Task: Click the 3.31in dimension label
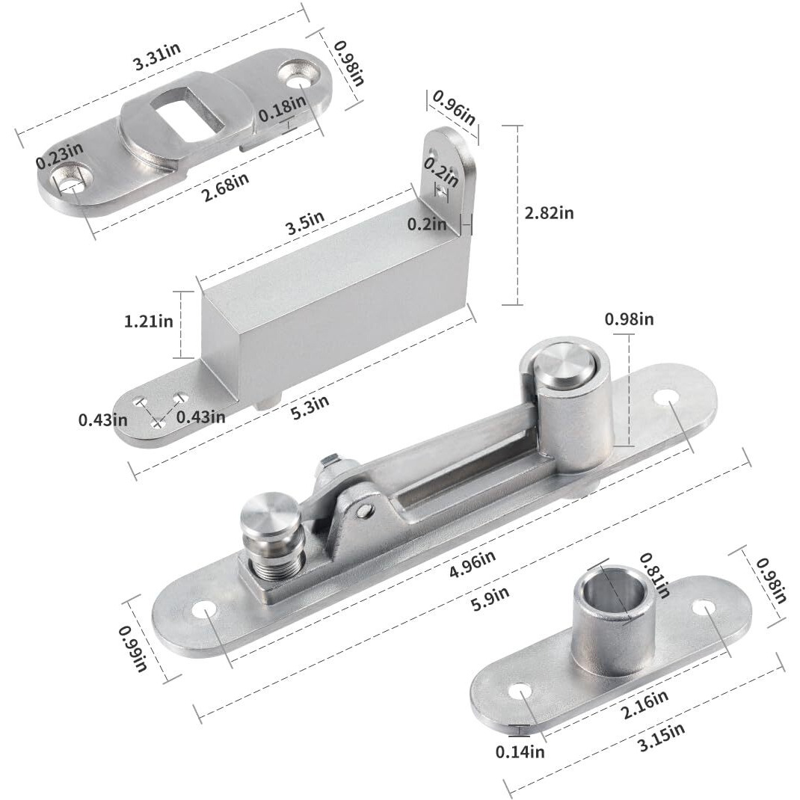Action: (x=157, y=58)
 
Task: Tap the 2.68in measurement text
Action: (x=226, y=182)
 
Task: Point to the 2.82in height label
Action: (x=550, y=212)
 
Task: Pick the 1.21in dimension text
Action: (x=149, y=321)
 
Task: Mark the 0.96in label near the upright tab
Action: (x=454, y=108)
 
